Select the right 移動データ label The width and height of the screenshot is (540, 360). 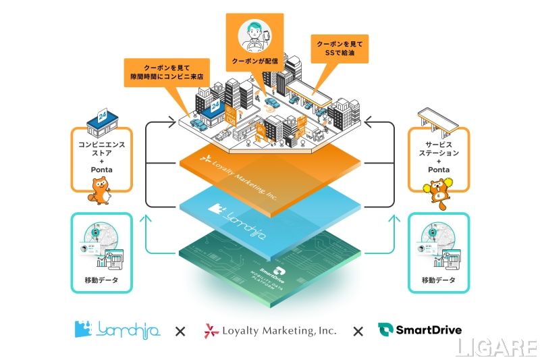pyautogui.click(x=438, y=280)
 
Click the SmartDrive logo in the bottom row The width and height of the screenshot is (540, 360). pyautogui.click(x=420, y=330)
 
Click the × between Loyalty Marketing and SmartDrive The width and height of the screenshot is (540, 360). pyautogui.click(x=358, y=331)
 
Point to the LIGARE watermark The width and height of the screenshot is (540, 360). pyautogui.click(x=495, y=348)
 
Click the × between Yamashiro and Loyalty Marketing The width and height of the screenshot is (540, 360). pyautogui.click(x=180, y=331)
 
